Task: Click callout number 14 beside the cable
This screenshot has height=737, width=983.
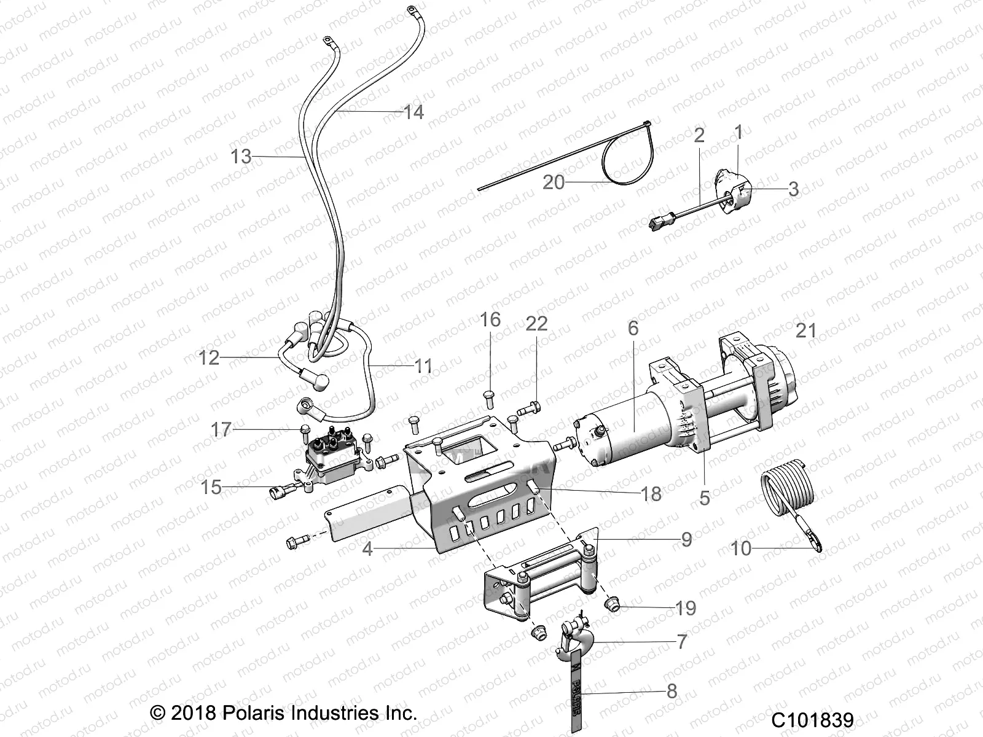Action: coord(413,112)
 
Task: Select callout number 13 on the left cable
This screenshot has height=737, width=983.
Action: coord(241,157)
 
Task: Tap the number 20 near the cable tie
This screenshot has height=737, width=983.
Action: coord(554,182)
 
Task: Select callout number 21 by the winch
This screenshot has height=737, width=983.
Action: coord(805,331)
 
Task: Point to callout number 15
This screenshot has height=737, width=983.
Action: coord(211,487)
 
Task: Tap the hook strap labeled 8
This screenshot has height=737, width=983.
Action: coord(578,694)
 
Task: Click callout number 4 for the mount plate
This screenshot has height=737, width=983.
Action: coord(367,548)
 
